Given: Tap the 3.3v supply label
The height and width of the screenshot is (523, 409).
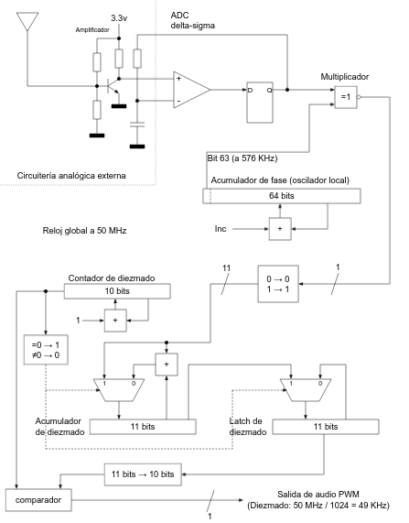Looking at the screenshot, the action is click(x=119, y=18).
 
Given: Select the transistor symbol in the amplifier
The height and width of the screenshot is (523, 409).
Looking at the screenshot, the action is click(x=113, y=86).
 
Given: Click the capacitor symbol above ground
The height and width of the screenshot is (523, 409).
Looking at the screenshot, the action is click(x=137, y=125).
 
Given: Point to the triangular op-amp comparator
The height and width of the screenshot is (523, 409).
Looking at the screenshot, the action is click(x=191, y=90).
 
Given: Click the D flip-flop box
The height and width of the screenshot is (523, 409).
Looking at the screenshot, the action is click(x=260, y=103).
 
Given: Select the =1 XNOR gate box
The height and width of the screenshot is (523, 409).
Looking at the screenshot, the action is click(x=346, y=97).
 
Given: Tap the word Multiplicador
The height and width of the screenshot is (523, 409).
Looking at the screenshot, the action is click(x=345, y=77).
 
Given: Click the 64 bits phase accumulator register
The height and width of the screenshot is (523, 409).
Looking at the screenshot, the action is click(x=282, y=196).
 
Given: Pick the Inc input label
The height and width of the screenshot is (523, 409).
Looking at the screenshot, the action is click(x=221, y=229).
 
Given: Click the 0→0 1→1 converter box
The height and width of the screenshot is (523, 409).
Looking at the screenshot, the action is click(x=278, y=284).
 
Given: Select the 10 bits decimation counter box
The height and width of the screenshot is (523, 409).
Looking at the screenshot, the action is click(x=117, y=291).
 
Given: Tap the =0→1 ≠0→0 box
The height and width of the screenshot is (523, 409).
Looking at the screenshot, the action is click(x=46, y=350).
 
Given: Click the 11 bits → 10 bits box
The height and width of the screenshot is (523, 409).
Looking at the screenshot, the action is click(x=143, y=474).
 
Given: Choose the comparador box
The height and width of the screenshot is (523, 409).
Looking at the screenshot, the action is click(x=38, y=500).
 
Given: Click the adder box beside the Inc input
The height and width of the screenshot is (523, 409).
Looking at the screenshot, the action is click(x=280, y=229).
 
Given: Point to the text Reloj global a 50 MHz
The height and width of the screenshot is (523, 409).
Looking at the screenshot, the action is click(x=85, y=231).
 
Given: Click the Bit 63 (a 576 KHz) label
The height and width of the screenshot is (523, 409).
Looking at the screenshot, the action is click(x=242, y=158).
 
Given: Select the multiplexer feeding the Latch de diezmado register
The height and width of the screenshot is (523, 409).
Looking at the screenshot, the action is click(x=306, y=389).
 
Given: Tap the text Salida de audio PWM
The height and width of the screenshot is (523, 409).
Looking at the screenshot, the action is click(x=318, y=495).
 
